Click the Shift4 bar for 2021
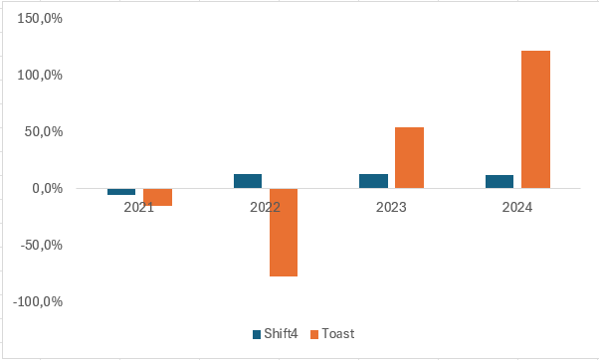pyautogui.click(x=121, y=191)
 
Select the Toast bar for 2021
pyautogui.click(x=157, y=197)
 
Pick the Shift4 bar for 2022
pyautogui.click(x=248, y=181)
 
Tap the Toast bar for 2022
pyautogui.click(x=284, y=232)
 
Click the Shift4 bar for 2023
pyautogui.click(x=373, y=181)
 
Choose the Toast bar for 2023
pyautogui.click(x=409, y=157)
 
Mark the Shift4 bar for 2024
pyautogui.click(x=499, y=181)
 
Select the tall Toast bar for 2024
pyautogui.click(x=535, y=119)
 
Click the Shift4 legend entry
pyautogui.click(x=274, y=334)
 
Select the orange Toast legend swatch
pyautogui.click(x=315, y=334)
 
